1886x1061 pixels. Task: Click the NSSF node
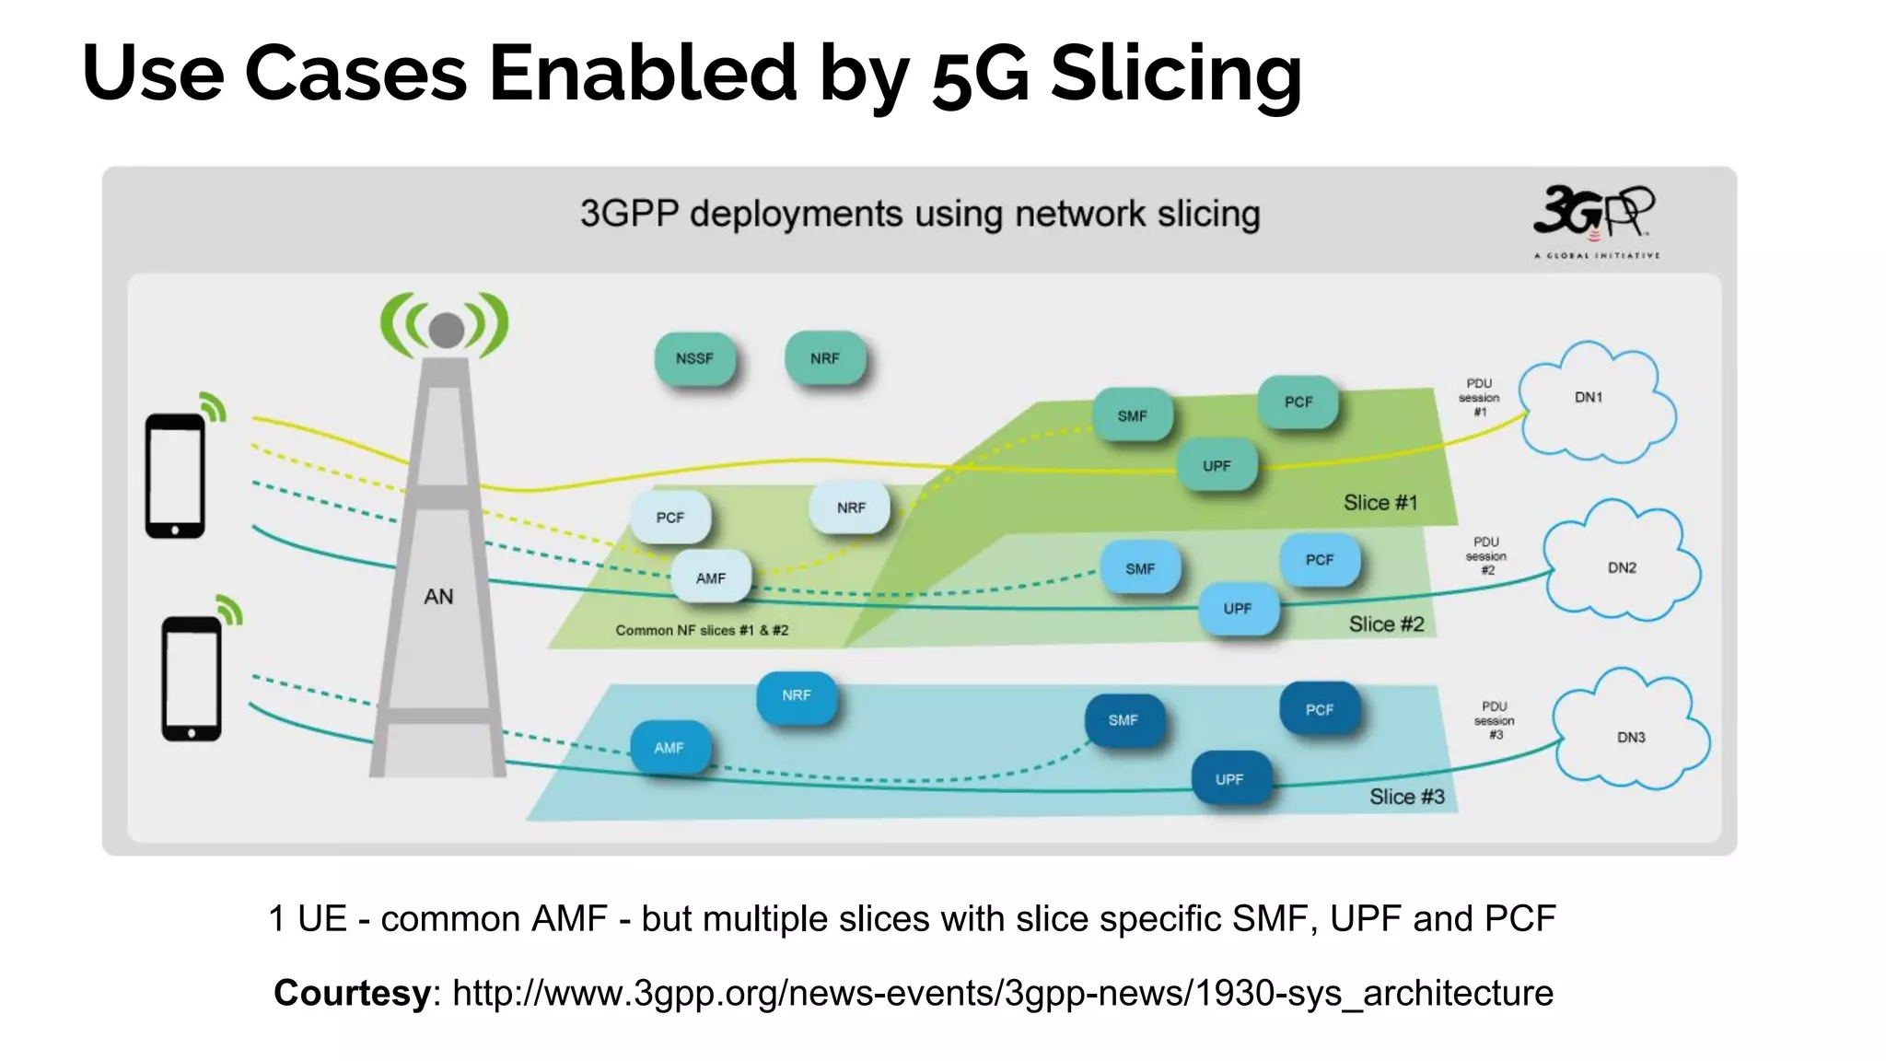pos(694,358)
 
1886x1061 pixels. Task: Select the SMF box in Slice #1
pos(1132,415)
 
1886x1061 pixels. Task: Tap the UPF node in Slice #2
pos(1237,609)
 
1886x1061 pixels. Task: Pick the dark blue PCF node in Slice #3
pos(1319,709)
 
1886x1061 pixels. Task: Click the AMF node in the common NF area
pos(710,577)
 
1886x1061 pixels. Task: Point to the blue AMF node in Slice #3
pos(669,747)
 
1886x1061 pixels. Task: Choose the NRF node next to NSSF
pos(825,358)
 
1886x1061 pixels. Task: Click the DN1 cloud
pos(1594,402)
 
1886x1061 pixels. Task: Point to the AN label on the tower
pos(438,597)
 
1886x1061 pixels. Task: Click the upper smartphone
pos(175,475)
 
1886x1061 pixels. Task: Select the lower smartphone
pos(192,679)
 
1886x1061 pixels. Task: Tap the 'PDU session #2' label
pos(1486,556)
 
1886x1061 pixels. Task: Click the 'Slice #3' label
pos(1406,797)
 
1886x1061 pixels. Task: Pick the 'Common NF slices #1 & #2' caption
pos(702,630)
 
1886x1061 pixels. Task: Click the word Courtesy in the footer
pos(352,993)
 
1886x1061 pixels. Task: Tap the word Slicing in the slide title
pos(1176,73)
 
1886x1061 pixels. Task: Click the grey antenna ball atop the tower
pos(447,329)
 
